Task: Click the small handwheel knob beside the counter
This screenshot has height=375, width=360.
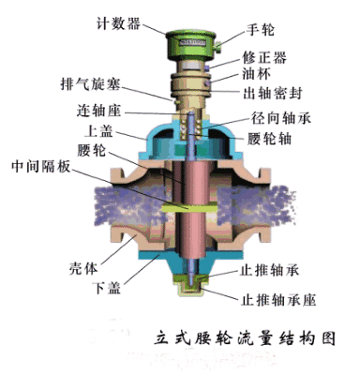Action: (x=217, y=40)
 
